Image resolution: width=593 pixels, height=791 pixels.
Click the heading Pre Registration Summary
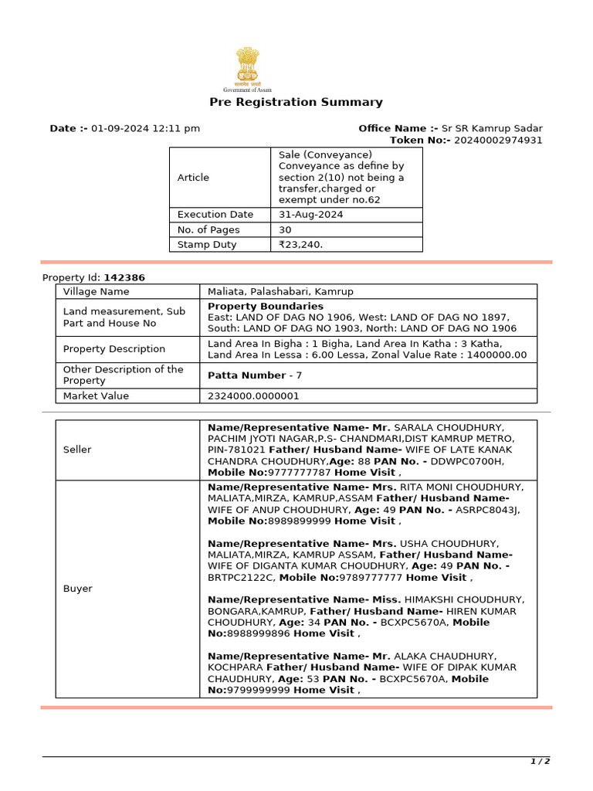[x=296, y=102]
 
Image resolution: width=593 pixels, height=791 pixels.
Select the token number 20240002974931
[x=498, y=140]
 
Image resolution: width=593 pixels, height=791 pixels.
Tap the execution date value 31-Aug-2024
[x=311, y=214]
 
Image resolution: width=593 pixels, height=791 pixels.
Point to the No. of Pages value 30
[x=286, y=229]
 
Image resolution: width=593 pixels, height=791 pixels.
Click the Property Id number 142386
[x=124, y=277]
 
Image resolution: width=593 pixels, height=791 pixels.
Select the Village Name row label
[x=96, y=291]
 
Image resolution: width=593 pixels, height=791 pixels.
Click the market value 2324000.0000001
[x=253, y=395]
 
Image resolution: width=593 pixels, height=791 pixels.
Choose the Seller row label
[x=77, y=449]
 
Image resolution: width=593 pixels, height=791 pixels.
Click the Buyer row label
[x=77, y=589]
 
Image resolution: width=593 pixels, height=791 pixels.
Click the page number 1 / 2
[x=540, y=762]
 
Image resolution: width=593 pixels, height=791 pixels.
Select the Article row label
[x=193, y=177]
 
